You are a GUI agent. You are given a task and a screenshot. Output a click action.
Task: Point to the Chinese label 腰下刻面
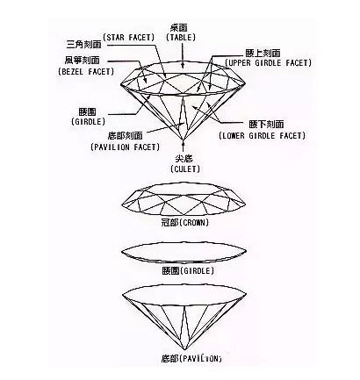coord(255,125)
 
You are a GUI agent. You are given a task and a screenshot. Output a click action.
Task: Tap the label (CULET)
coord(184,168)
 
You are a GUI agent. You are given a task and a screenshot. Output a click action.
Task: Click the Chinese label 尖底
coord(184,156)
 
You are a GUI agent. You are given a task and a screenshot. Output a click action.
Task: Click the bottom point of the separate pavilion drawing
coord(184,348)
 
